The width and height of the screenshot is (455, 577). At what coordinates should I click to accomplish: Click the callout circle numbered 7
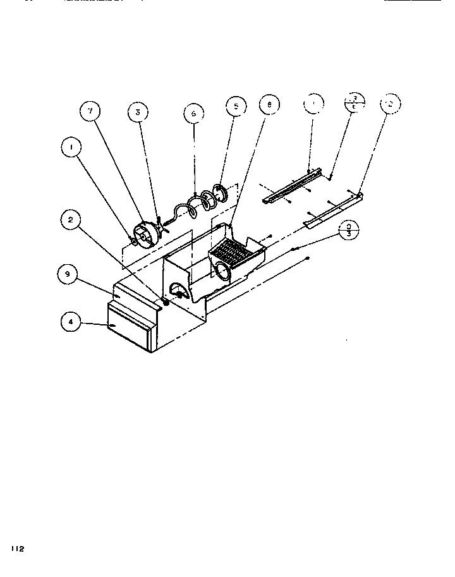(90, 111)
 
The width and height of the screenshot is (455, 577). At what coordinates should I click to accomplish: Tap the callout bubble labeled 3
(137, 112)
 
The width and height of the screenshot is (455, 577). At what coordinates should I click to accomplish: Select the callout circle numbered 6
(194, 113)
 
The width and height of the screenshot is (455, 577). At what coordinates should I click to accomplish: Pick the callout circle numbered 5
(235, 106)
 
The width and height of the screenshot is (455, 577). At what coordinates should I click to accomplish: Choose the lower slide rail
(334, 209)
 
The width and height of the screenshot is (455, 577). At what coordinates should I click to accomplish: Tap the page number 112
(16, 549)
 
